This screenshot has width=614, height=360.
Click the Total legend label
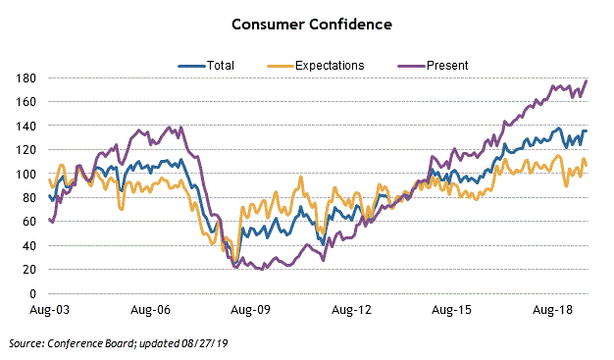click(x=221, y=66)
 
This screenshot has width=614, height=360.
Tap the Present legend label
click(x=447, y=66)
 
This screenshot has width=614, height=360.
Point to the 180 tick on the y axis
click(x=26, y=78)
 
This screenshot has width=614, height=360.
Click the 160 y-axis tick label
click(x=26, y=102)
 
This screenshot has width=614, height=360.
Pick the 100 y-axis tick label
click(x=26, y=174)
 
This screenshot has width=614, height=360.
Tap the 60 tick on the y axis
click(x=29, y=222)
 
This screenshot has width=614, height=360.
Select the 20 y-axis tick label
click(x=29, y=270)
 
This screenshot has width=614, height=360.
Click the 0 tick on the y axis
click(x=32, y=293)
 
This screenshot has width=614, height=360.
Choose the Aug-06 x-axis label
click(x=150, y=310)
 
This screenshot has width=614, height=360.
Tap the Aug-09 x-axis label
click(x=251, y=310)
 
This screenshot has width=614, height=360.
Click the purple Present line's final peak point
click(x=587, y=80)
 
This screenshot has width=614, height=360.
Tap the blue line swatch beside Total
click(x=190, y=66)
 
